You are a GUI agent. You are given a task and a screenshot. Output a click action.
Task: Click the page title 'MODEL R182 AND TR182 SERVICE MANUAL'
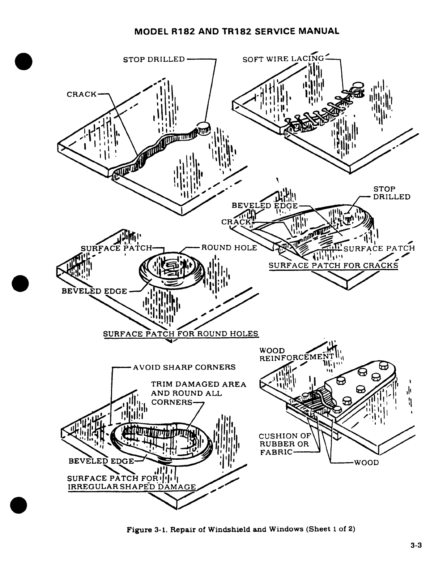(x=237, y=31)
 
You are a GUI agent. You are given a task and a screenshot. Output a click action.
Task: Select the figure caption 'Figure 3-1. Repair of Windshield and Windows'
(x=240, y=530)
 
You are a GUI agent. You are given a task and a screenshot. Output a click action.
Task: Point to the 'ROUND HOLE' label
(x=229, y=248)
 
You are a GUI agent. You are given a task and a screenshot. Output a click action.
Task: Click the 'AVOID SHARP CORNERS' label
(x=184, y=368)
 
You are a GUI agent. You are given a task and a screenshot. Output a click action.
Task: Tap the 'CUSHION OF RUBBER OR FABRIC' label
(x=285, y=444)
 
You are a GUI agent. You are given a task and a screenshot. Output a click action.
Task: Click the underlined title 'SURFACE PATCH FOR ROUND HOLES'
(x=181, y=333)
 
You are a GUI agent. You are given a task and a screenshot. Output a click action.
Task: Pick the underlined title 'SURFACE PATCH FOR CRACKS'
(x=333, y=265)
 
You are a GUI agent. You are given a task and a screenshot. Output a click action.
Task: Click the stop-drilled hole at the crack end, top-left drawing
(x=203, y=127)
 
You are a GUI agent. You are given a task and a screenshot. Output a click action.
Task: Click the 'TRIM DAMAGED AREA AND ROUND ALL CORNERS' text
(x=198, y=393)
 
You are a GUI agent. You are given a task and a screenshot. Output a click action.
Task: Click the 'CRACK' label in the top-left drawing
(x=82, y=94)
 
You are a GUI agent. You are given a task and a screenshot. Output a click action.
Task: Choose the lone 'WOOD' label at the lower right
(x=366, y=463)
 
